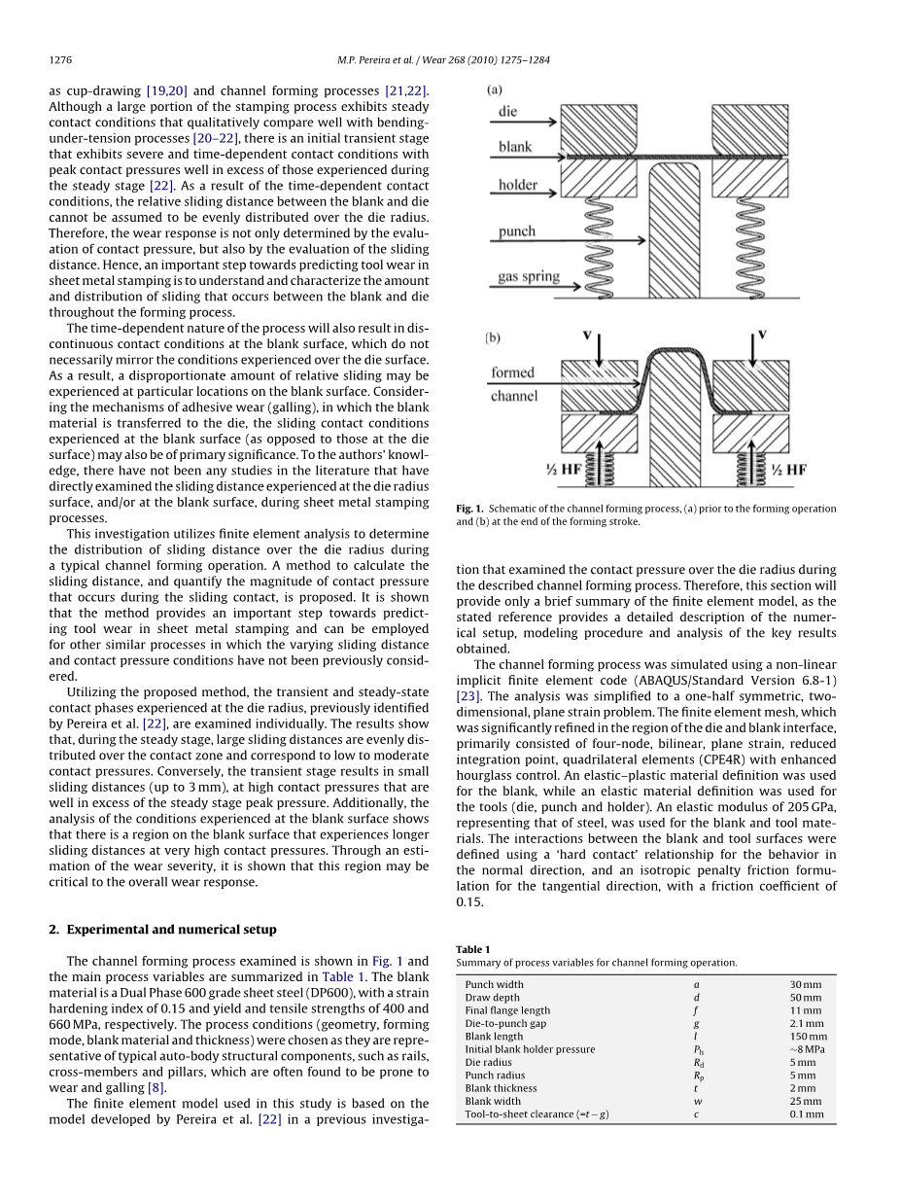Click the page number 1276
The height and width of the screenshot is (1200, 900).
(60, 60)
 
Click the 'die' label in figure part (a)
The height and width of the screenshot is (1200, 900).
(507, 112)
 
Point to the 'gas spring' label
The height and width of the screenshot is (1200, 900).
(529, 277)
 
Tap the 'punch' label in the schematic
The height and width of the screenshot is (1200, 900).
(517, 232)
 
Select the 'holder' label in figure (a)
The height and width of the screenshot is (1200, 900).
(518, 185)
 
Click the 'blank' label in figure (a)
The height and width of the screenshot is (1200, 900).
(515, 148)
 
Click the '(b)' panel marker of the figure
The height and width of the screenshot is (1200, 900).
(494, 338)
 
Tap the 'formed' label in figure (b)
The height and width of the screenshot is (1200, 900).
(512, 372)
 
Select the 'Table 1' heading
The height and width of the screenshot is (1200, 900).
(473, 949)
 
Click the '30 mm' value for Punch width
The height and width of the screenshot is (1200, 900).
(805, 984)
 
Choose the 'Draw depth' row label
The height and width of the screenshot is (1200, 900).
(492, 998)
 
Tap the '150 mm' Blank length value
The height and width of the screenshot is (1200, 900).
(808, 1037)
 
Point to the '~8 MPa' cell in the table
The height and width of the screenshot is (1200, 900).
(807, 1049)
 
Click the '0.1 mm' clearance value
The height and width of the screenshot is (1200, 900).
(806, 1114)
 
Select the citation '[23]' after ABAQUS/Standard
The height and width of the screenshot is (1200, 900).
(467, 696)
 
